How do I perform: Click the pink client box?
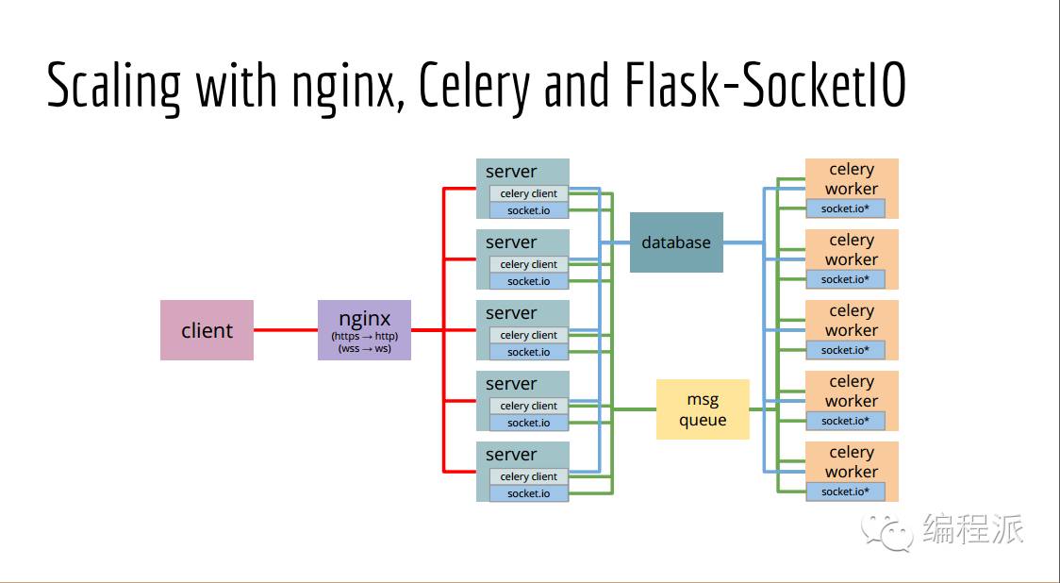coord(207,330)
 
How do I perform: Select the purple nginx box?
coord(364,330)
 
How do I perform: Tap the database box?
coord(676,242)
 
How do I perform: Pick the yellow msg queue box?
coord(703,409)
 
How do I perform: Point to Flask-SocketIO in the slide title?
coord(765,86)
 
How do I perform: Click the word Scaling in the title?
coord(113,86)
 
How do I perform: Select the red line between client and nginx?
coord(286,330)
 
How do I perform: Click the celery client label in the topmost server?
coord(528,193)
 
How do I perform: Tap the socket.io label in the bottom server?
coord(528,493)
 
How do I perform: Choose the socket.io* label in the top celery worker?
coord(845,208)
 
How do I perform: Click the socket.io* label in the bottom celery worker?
coord(845,491)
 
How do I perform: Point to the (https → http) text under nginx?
coord(364,337)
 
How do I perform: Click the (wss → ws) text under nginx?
coord(364,349)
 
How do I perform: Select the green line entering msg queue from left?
coord(635,409)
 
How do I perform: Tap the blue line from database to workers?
coord(742,242)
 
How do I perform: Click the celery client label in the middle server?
coord(528,335)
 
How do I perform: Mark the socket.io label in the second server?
coord(528,281)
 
